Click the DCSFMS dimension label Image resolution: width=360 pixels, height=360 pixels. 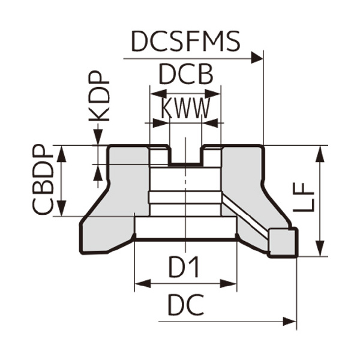[186, 42]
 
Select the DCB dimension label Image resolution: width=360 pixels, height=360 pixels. [185, 76]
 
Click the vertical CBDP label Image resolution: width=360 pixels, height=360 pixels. [44, 181]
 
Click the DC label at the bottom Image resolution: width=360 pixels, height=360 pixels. [185, 306]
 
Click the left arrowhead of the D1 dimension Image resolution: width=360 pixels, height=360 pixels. [142, 283]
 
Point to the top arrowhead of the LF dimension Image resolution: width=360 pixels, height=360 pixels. [321, 152]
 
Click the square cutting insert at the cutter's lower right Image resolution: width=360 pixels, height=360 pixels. [282, 242]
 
